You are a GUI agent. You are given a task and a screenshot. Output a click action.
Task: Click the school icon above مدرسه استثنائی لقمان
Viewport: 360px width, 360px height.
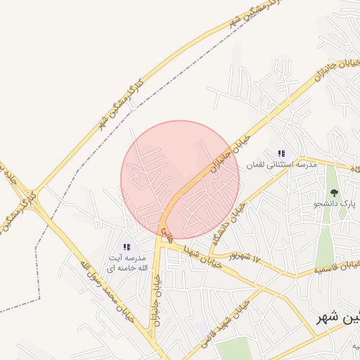[281, 153]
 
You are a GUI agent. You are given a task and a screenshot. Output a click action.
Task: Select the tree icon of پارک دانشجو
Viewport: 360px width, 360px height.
[334, 193]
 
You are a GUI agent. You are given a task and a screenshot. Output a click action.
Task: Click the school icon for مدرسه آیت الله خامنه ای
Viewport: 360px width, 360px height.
[127, 247]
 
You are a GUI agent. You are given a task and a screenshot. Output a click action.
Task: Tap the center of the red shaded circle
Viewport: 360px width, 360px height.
[180, 179]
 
